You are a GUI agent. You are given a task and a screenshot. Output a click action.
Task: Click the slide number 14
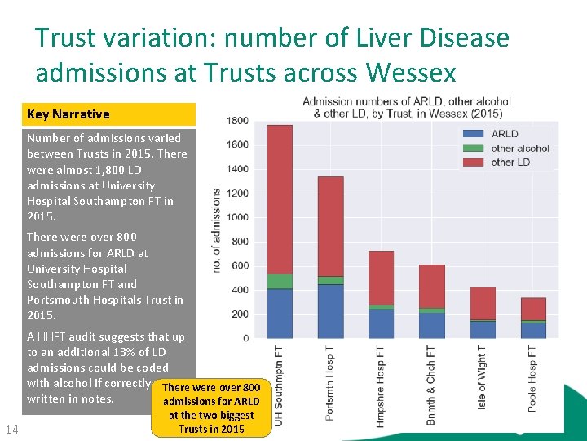tap(11, 430)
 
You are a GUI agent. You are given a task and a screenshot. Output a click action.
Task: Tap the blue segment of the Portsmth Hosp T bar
tap(330, 311)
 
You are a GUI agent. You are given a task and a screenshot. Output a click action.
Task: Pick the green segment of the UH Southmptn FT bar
tap(280, 282)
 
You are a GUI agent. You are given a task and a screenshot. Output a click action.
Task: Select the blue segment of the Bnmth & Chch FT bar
tap(432, 325)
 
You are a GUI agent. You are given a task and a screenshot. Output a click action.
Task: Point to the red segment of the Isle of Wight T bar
tap(483, 303)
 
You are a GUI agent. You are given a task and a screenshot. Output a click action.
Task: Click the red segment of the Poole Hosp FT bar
tap(533, 309)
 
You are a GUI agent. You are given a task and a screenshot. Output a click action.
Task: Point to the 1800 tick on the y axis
tap(237, 121)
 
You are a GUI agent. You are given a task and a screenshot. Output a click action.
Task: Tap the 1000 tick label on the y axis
tap(237, 217)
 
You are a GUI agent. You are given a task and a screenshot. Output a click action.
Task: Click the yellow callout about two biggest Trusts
tap(211, 408)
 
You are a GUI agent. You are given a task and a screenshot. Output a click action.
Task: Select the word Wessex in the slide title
tap(411, 73)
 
